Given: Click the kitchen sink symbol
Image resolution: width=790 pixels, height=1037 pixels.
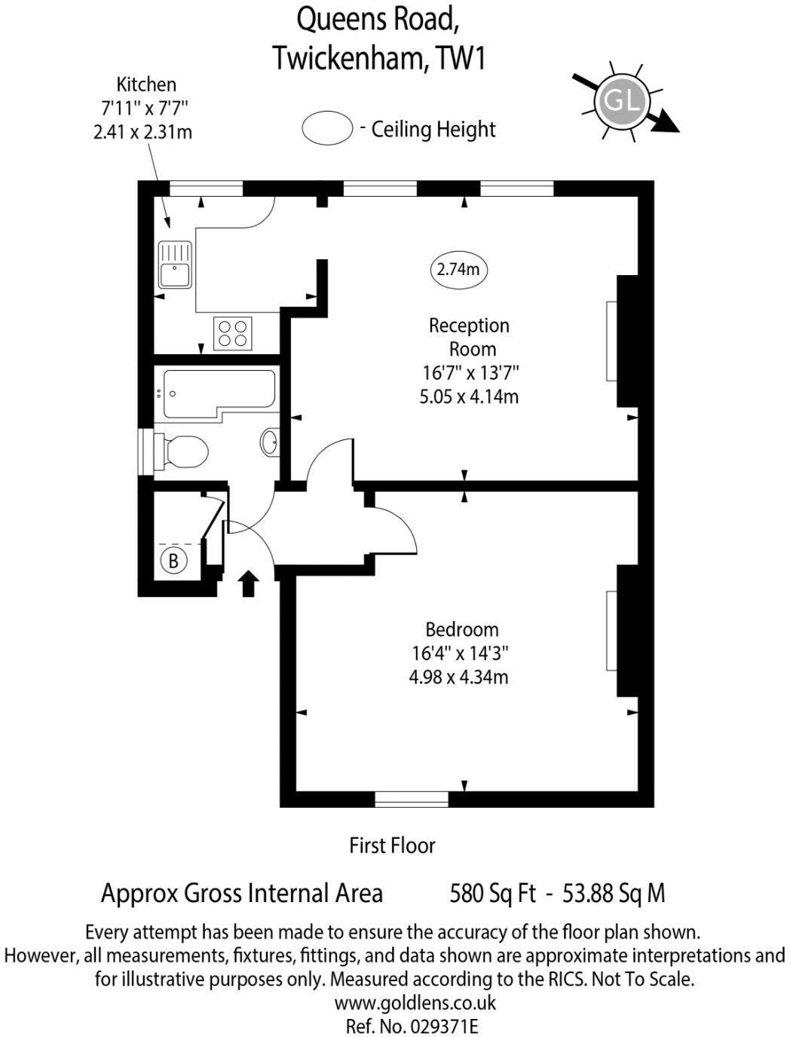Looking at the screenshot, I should (175, 265).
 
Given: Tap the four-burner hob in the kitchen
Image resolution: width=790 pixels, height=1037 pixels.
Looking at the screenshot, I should (233, 333).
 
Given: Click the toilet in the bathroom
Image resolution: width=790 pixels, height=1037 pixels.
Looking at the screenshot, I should (181, 453).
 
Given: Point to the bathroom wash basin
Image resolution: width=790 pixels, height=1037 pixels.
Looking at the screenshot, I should (271, 442).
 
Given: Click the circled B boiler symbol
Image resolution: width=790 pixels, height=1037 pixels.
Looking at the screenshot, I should (173, 561).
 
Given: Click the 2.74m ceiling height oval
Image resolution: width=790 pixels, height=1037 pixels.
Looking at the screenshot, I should (458, 269).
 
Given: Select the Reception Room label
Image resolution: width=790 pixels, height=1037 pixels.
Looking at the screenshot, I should (470, 337).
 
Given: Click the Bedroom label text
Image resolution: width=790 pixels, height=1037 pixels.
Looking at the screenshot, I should (462, 629).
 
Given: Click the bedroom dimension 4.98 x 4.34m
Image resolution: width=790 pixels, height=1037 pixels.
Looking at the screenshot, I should (458, 677).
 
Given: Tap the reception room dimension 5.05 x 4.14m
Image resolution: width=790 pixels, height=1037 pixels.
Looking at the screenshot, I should (469, 396).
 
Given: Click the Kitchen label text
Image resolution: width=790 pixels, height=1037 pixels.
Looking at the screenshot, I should (146, 84).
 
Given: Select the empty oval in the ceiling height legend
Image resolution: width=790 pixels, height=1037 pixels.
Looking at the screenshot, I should (327, 128).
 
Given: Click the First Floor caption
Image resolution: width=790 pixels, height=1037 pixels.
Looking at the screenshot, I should (392, 846).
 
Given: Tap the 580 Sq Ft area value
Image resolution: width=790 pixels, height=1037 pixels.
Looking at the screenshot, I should (492, 894).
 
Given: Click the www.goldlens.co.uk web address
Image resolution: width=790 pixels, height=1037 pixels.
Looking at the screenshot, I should (415, 1003).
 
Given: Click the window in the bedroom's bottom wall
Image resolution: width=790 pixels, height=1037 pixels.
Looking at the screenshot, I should (412, 799).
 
